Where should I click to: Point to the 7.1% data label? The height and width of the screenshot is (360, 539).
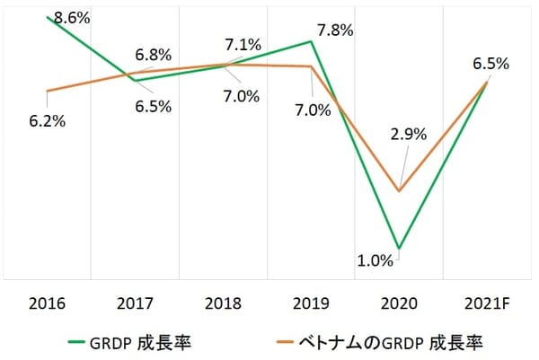point(243,45)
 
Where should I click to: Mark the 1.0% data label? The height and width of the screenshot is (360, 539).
point(376,261)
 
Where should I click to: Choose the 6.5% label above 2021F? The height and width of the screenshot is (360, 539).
point(490,64)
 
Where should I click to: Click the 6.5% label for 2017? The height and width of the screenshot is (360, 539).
point(153,105)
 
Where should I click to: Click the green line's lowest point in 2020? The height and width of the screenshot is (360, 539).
point(399,248)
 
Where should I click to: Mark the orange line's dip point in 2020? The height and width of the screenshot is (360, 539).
point(399,190)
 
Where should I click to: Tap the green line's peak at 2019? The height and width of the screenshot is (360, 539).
point(311,41)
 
